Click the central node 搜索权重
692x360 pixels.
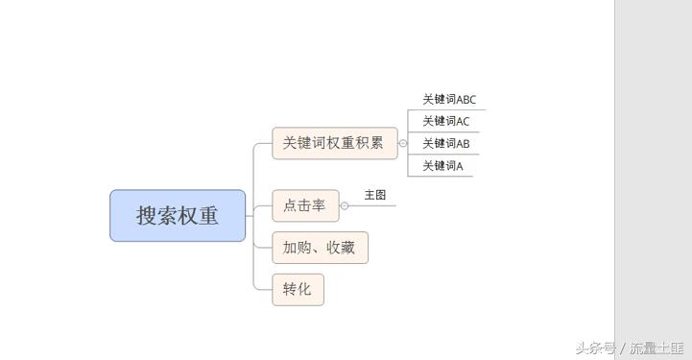point(178,215)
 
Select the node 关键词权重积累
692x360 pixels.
point(333,143)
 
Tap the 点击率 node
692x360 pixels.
point(304,205)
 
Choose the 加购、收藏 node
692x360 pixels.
point(320,248)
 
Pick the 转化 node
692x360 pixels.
point(298,289)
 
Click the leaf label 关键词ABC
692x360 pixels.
point(449,99)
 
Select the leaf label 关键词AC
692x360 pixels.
point(446,121)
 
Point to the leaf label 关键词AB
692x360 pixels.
point(446,144)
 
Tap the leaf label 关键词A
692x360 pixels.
point(442,166)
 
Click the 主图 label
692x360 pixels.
point(374,195)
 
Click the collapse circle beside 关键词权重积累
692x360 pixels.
point(403,143)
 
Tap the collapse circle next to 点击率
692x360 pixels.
point(345,205)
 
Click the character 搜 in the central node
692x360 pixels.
point(147,215)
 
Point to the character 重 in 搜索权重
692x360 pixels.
point(208,215)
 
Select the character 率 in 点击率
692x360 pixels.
point(318,205)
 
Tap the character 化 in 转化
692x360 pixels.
point(304,289)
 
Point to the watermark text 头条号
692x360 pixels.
point(595,348)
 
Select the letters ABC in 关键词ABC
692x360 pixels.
point(465,99)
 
